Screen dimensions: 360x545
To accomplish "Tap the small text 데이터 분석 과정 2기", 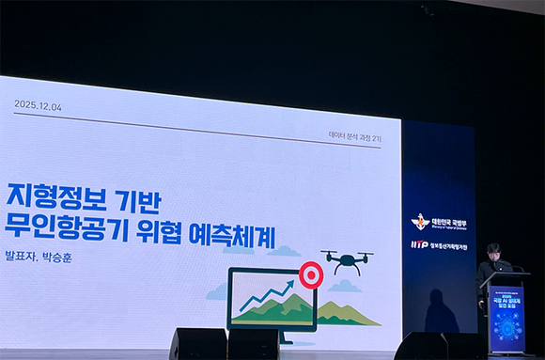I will tap(354, 137).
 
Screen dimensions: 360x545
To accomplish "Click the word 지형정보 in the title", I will tap(57, 196).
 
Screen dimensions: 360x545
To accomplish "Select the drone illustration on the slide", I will tap(347, 259).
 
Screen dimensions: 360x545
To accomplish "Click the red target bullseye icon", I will tap(310, 274).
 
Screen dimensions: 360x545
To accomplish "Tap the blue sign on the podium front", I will tap(506, 318).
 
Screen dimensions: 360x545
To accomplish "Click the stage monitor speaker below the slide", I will tap(198, 343).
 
